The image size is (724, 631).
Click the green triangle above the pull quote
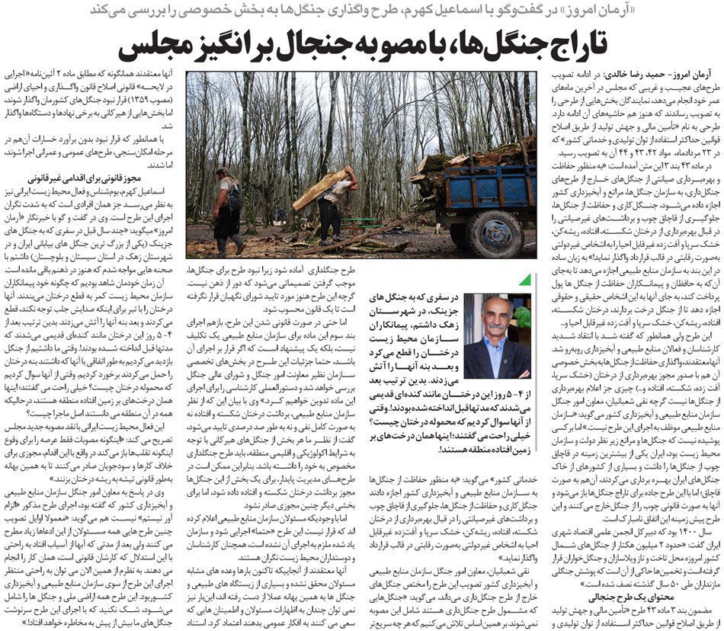click(524, 280)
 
